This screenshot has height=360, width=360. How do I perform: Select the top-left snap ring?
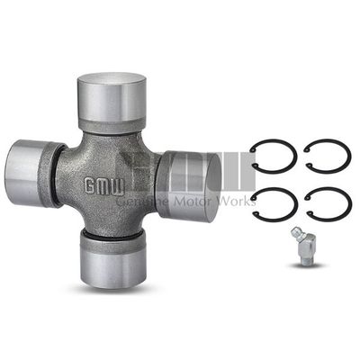pyautogui.click(x=273, y=156)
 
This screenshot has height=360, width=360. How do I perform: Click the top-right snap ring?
pyautogui.click(x=328, y=156)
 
